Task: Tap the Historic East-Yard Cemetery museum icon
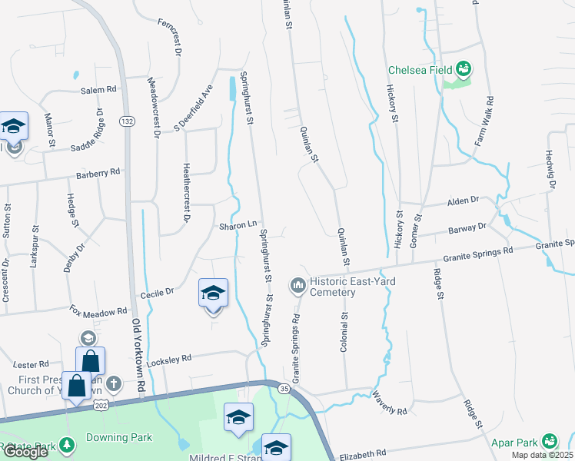click(297, 287)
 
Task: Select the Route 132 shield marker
click(128, 121)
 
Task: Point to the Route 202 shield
click(101, 403)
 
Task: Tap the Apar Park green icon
click(549, 442)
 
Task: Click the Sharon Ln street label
click(237, 225)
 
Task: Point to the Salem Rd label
click(98, 90)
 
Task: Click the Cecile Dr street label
click(158, 292)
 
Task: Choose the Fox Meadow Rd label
click(98, 311)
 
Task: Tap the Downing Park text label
click(118, 438)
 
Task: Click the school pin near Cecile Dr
click(213, 294)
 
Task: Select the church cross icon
click(113, 383)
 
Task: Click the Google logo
click(25, 452)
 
